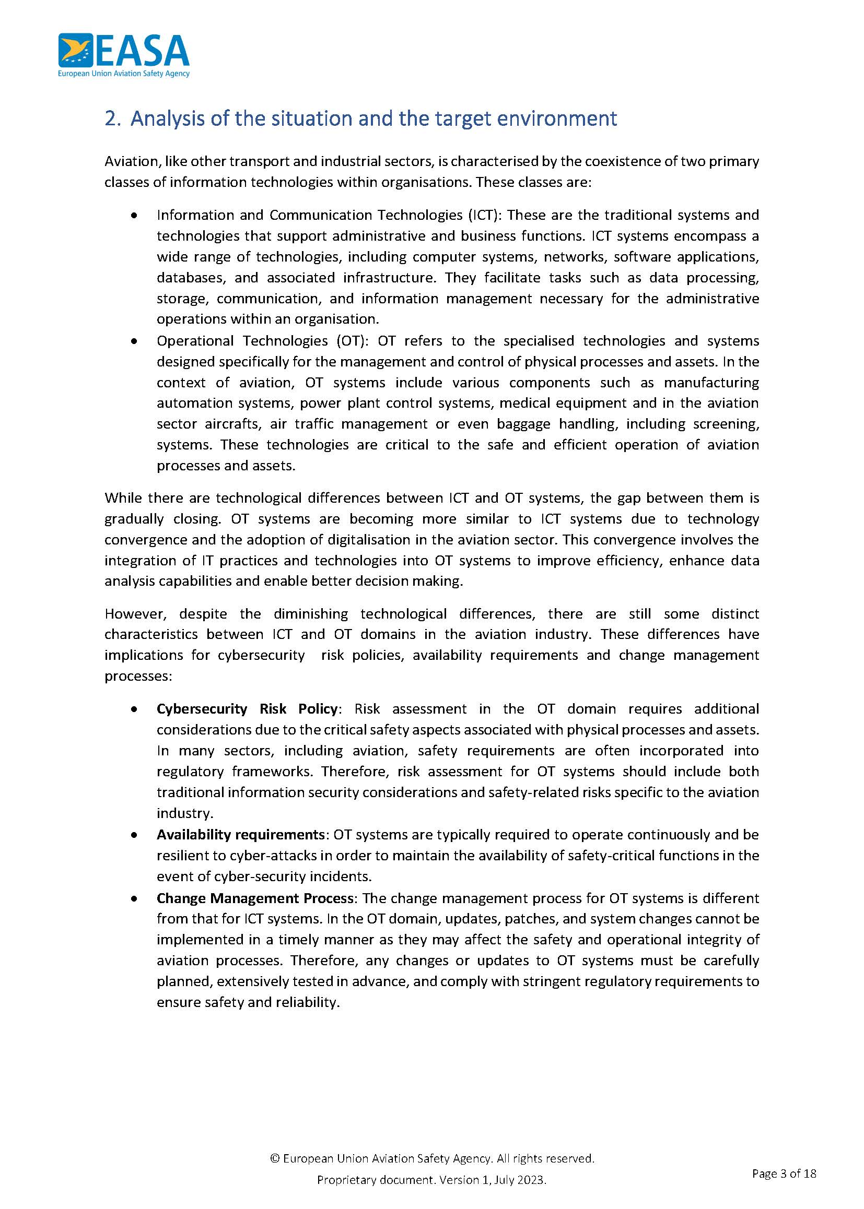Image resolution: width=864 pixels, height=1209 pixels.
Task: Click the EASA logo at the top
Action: tap(123, 51)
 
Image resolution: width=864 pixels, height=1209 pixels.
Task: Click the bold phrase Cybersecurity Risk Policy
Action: tap(247, 709)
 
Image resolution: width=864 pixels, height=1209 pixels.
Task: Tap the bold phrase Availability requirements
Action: tap(240, 835)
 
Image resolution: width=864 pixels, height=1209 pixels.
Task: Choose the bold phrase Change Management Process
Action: tap(255, 898)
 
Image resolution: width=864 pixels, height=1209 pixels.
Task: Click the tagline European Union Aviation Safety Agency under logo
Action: tap(123, 74)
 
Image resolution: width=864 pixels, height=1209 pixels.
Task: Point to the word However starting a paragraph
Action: tap(135, 614)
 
